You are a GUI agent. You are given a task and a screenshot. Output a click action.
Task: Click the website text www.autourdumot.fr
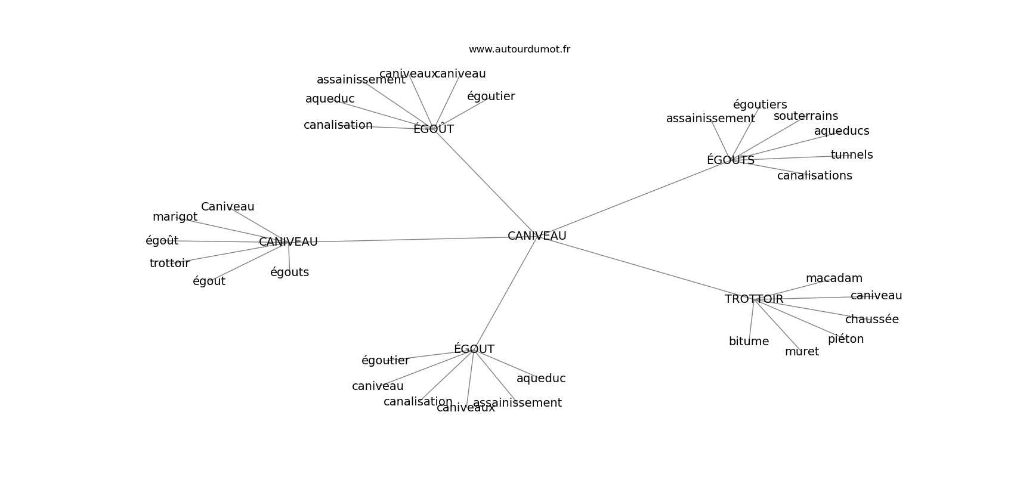(519, 49)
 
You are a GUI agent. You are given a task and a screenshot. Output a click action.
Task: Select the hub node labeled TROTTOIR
(754, 299)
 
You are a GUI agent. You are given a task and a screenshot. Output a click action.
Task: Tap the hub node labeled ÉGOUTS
(730, 160)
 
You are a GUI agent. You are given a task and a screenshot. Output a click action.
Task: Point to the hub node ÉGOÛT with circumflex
(433, 129)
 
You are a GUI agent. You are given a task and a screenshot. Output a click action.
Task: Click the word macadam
(834, 278)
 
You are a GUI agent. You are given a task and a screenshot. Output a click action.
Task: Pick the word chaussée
(872, 319)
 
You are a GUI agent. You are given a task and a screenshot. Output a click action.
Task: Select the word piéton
(846, 339)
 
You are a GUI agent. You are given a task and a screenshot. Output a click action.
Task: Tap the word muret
(802, 352)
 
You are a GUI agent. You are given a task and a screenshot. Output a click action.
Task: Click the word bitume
(749, 341)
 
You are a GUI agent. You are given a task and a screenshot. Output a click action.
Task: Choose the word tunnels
(852, 155)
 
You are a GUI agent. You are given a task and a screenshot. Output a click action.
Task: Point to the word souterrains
(806, 116)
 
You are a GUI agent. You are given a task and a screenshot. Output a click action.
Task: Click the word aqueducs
(842, 131)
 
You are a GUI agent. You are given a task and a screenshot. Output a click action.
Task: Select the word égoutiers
(759, 104)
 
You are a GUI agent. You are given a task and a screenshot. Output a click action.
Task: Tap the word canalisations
(814, 175)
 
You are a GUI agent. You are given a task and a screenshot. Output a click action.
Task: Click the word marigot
(175, 217)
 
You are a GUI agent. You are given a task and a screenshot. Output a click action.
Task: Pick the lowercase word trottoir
(169, 263)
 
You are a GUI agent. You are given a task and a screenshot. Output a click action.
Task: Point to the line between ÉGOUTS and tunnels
(790, 157)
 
